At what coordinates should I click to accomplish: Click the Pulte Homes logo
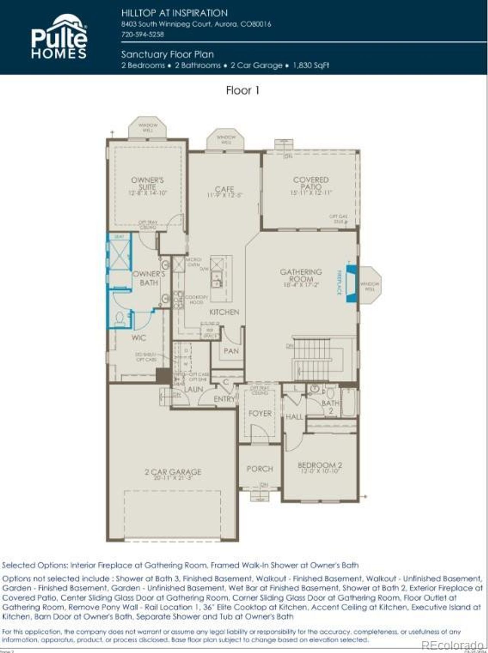pos(59,37)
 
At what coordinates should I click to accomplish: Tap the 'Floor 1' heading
pos(242,91)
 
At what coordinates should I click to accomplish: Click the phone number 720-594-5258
pos(143,34)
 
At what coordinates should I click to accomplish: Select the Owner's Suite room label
pos(147,184)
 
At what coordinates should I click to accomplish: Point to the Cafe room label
pos(224,189)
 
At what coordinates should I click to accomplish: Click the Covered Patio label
pos(311,183)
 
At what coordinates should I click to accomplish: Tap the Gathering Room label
pos(301,275)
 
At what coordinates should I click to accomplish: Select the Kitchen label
pos(224,312)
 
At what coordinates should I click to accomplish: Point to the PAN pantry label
pos(231,351)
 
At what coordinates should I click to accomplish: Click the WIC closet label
pos(138,338)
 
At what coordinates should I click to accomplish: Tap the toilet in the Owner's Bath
pos(119,319)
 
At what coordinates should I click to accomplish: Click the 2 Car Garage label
pos(173,472)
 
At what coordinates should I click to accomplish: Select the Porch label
pos(260,469)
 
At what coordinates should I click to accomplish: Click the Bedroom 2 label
pos(319,465)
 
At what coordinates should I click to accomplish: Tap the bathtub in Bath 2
pos(349,403)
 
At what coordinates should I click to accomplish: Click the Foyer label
pos(260,414)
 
